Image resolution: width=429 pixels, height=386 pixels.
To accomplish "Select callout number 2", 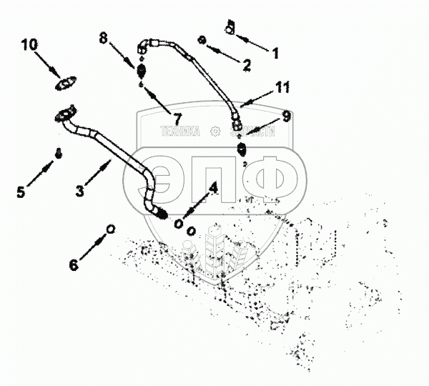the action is [247, 65].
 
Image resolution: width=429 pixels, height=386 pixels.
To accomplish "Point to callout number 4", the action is [212, 189].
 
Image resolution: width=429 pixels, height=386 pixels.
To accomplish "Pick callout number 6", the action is [74, 264].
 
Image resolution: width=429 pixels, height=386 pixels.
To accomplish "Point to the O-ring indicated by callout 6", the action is [110, 228].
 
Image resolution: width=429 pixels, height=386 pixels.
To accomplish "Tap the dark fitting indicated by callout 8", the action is [142, 71].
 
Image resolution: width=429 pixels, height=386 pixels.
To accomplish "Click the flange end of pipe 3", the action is [65, 112].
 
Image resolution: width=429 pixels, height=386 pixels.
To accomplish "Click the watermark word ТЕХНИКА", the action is [181, 132].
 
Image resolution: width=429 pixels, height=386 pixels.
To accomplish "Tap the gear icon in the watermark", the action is [214, 132].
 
